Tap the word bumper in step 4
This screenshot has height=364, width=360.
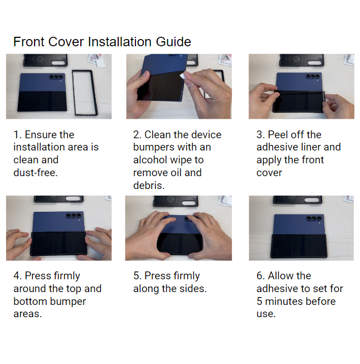click(67, 302)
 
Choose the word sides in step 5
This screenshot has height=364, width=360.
click(192, 289)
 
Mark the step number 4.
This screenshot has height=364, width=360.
click(17, 276)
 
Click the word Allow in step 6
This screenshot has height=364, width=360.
click(281, 276)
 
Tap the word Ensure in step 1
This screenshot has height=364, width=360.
click(42, 135)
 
